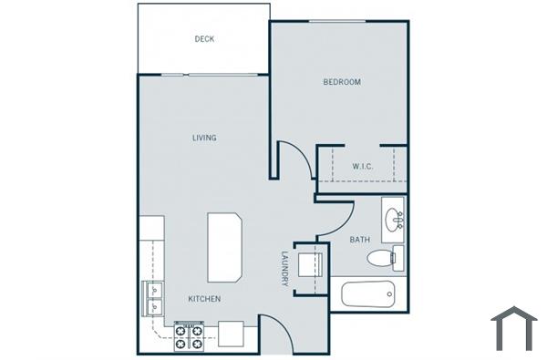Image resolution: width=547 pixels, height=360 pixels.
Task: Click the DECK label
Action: point(203,39)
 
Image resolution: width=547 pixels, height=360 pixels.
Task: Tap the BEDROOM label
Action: point(342,82)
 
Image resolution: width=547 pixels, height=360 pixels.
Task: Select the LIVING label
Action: point(203,138)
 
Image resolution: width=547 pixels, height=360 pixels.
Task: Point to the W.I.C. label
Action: point(363,166)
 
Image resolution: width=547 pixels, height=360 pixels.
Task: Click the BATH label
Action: point(360,240)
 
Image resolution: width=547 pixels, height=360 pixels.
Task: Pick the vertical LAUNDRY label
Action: point(284,269)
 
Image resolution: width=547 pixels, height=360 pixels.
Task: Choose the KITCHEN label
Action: point(204,299)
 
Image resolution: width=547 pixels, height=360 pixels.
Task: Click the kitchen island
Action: point(224,248)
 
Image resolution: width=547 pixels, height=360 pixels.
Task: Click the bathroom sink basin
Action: point(394,220)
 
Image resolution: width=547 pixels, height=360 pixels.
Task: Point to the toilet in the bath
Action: point(383,259)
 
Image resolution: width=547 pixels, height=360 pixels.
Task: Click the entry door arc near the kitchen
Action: point(276,334)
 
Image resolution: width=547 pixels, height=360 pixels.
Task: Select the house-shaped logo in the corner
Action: point(514,328)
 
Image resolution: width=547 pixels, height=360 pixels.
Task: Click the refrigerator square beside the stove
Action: point(231,334)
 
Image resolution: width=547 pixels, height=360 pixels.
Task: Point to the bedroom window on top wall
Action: point(342,20)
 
